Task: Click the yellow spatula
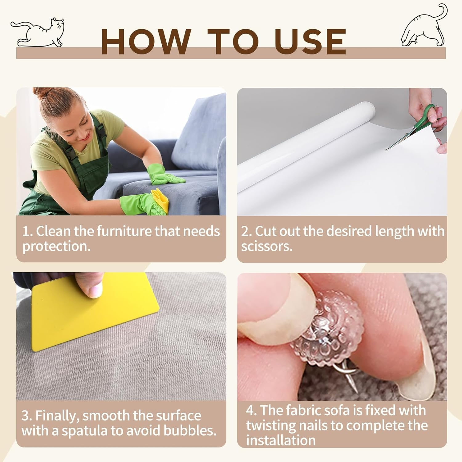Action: tap(92, 314)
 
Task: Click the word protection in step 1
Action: tap(56, 246)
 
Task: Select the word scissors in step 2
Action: tap(267, 246)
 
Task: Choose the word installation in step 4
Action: tap(281, 440)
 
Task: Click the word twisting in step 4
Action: tap(271, 426)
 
